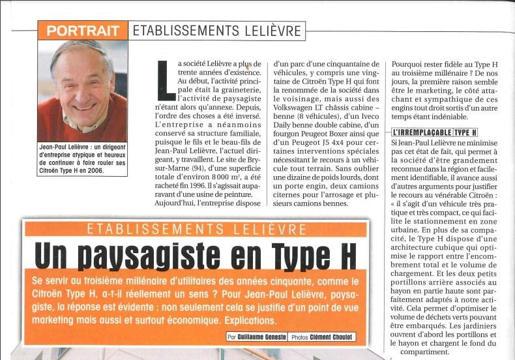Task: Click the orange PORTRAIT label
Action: (83, 31)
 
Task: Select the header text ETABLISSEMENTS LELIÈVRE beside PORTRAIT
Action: (217, 31)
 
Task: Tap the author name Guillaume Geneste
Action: (267, 337)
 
